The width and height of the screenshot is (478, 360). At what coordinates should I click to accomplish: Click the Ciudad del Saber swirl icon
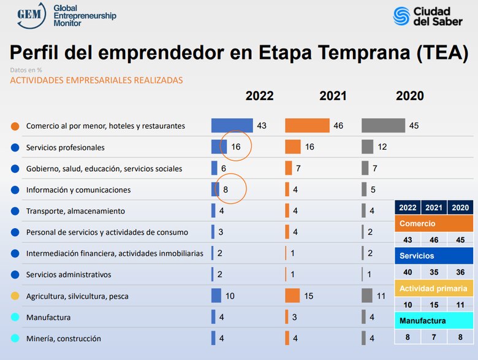[x=402, y=16]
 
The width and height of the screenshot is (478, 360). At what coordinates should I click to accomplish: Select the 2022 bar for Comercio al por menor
[x=232, y=126]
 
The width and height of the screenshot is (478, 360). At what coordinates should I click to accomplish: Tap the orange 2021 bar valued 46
[x=307, y=126]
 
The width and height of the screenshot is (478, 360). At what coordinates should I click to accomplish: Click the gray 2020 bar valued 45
[x=383, y=126]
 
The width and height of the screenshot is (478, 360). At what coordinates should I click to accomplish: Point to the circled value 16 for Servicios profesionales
[x=237, y=147]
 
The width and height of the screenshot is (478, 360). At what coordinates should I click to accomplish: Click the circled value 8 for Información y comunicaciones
[x=226, y=190]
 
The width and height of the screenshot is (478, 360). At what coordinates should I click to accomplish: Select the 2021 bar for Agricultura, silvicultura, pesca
[x=292, y=296]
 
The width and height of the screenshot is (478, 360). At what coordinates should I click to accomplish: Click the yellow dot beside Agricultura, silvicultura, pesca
[x=15, y=296]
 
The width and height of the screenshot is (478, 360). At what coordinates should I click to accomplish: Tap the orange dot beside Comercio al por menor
[x=15, y=126]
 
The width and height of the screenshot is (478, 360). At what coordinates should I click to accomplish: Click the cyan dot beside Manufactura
[x=15, y=318]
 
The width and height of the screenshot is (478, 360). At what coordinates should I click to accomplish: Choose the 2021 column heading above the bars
[x=333, y=96]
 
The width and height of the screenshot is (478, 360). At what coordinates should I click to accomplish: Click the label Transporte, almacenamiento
[x=75, y=211]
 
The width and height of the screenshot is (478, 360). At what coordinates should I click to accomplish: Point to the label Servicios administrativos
[x=69, y=275]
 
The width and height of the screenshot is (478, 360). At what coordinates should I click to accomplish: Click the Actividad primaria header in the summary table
[x=434, y=288]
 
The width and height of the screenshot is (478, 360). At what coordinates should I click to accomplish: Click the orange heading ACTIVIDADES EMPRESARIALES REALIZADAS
[x=96, y=80]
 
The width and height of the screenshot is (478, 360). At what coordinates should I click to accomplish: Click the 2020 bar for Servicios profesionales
[x=367, y=147]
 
